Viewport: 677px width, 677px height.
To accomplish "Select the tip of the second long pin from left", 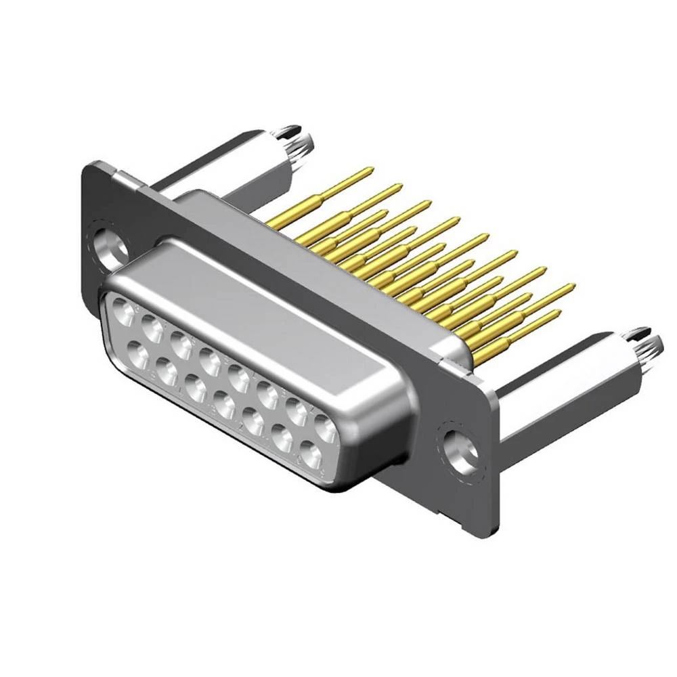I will point(399,187).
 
